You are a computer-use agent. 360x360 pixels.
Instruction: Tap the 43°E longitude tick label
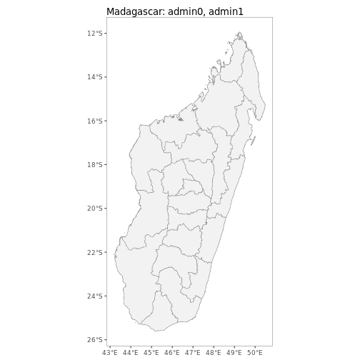(110, 352)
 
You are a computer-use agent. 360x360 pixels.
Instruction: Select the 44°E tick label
(131, 352)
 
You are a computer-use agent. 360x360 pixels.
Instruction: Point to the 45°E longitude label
(151, 352)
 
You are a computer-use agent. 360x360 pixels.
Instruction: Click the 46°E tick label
(172, 352)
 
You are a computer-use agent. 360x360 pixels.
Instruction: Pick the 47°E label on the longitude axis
(193, 352)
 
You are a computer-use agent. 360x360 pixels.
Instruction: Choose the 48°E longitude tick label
(214, 352)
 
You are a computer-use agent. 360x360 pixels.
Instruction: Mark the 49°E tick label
(234, 352)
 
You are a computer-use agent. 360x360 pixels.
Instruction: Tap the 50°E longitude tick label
(255, 352)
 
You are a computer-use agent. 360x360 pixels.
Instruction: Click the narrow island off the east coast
(253, 140)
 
